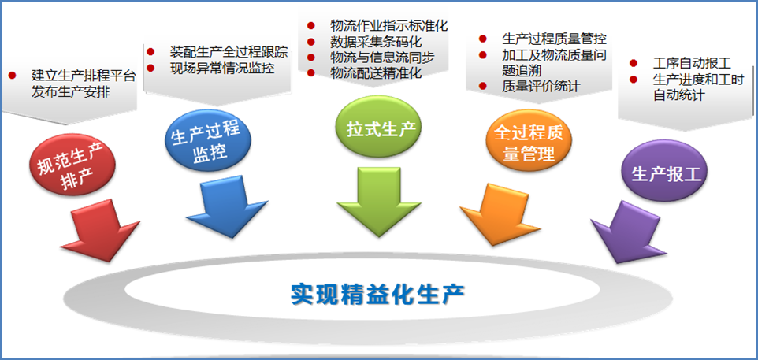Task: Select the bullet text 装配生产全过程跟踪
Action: [229, 53]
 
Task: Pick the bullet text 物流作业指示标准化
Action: [388, 25]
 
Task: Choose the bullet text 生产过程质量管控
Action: [554, 39]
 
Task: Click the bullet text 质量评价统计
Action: [541, 86]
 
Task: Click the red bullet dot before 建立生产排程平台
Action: [12, 76]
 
